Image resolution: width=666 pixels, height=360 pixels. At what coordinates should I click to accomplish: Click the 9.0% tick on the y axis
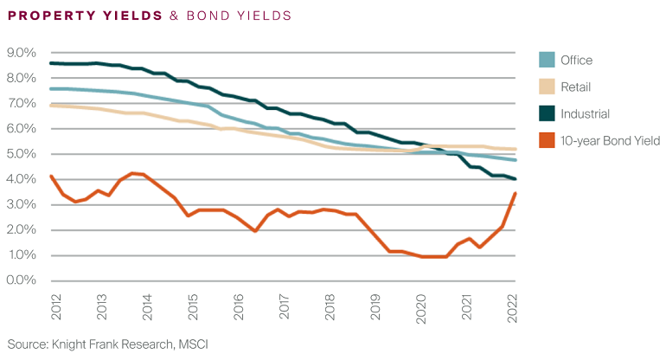pyautogui.click(x=20, y=53)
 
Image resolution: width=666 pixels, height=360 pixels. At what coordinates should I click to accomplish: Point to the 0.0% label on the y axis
pyautogui.click(x=20, y=280)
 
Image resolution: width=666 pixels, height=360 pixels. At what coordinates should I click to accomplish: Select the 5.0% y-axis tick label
pyautogui.click(x=20, y=154)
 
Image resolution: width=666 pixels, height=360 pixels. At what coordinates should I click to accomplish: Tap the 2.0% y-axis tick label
pyautogui.click(x=20, y=230)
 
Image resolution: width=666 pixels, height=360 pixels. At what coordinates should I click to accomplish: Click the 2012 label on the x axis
pyautogui.click(x=56, y=305)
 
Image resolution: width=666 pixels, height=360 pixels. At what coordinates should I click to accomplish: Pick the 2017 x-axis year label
pyautogui.click(x=285, y=305)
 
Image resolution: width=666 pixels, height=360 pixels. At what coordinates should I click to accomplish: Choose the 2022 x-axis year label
pyautogui.click(x=514, y=305)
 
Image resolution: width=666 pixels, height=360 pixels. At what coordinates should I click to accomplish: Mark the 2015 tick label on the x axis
pyautogui.click(x=193, y=305)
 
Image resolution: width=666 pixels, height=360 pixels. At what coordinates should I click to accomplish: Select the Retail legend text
pyautogui.click(x=578, y=87)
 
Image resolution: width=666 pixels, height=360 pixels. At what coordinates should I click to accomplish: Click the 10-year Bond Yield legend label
pyautogui.click(x=611, y=140)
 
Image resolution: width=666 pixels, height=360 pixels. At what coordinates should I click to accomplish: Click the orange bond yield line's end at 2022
pyautogui.click(x=516, y=194)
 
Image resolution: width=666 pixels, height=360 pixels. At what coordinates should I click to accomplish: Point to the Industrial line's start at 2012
pyautogui.click(x=52, y=63)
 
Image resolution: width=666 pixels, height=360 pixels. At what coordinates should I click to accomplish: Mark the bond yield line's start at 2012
pyautogui.click(x=52, y=177)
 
